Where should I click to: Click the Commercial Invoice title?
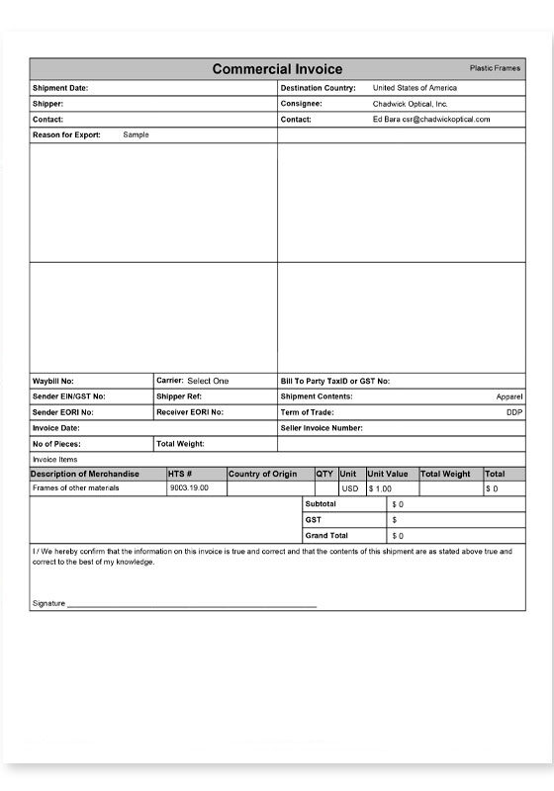[277, 69]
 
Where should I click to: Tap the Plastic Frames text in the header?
[495, 68]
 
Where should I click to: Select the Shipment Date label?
[60, 88]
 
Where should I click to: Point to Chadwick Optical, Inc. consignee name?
[411, 103]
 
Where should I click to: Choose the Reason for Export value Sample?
[136, 134]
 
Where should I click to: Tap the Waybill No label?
[53, 381]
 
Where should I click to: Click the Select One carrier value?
[208, 381]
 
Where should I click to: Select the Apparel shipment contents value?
[509, 396]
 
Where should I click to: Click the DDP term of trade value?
[514, 412]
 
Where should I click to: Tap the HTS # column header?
[180, 474]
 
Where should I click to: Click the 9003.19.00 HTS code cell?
[189, 488]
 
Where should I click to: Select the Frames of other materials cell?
[75, 488]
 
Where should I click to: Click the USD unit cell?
[350, 488]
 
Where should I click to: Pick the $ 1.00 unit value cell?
[381, 488]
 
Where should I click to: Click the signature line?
[193, 604]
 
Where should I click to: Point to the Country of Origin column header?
[263, 474]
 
